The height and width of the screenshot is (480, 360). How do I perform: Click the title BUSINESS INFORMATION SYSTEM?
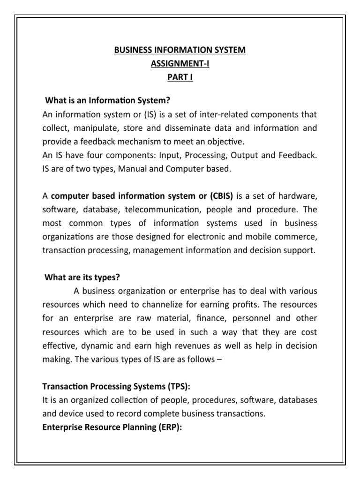click(180, 50)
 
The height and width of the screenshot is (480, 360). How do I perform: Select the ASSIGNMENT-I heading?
click(180, 64)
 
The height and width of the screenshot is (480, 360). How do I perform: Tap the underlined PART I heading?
click(180, 77)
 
